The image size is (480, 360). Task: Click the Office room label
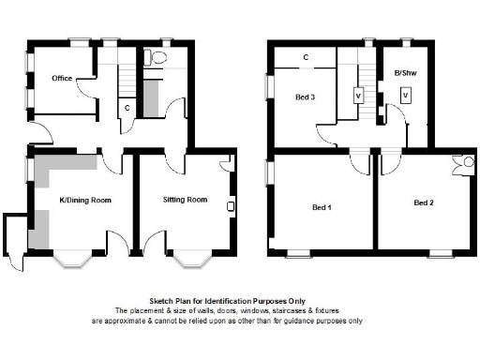(x=63, y=79)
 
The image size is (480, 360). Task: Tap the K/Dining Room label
(x=85, y=200)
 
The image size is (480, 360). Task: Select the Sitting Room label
(x=185, y=200)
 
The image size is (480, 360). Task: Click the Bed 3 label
(x=305, y=97)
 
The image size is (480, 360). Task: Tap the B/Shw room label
(x=405, y=72)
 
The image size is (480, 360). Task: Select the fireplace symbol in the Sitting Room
(x=230, y=205)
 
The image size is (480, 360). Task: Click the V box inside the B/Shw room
(x=405, y=95)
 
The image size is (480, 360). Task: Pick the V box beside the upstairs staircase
(x=357, y=96)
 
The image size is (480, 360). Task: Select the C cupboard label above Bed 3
(x=306, y=58)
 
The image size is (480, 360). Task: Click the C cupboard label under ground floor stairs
(x=127, y=107)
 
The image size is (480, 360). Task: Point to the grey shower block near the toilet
(x=152, y=97)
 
